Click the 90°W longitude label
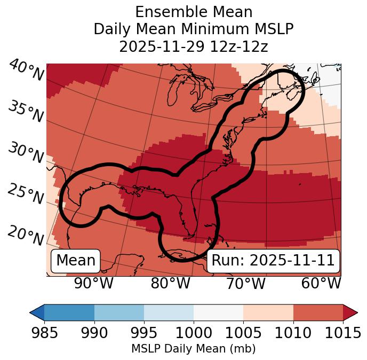[x=94, y=283]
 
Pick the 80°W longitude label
[x=170, y=283]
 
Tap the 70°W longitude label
[x=245, y=283]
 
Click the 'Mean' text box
[x=76, y=261]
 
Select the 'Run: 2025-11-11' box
[x=273, y=261]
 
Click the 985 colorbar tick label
[x=44, y=333]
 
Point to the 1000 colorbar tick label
[x=194, y=333]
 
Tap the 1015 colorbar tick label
[x=343, y=333]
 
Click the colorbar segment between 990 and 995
[x=119, y=312]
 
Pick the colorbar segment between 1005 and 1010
[x=268, y=312]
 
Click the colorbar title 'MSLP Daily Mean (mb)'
[x=194, y=349]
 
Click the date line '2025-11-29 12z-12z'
[x=194, y=46]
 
